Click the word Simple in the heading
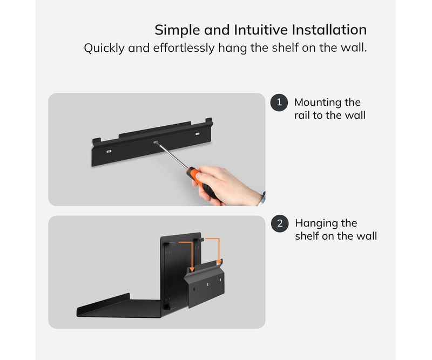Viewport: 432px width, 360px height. (x=178, y=30)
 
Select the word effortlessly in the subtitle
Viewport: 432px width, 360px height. (x=184, y=47)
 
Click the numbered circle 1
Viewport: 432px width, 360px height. (x=279, y=103)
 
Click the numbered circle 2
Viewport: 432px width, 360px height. (x=280, y=223)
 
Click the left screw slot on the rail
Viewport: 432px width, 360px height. (x=109, y=151)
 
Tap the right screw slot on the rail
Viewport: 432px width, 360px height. (x=197, y=134)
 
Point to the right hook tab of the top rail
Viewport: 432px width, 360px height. (x=209, y=121)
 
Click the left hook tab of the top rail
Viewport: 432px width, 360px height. (x=97, y=141)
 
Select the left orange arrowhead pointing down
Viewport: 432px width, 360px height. (x=192, y=269)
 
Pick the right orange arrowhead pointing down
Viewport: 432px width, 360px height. (x=219, y=261)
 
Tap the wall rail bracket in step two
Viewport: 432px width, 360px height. (x=206, y=284)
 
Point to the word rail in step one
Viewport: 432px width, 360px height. (x=302, y=115)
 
